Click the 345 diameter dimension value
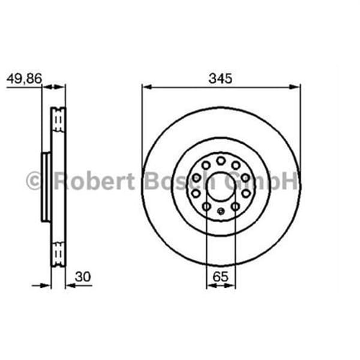[x=220, y=78]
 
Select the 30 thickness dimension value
[x=83, y=277]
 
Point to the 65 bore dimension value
[x=221, y=277]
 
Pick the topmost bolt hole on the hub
[x=221, y=160]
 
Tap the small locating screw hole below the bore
[x=221, y=211]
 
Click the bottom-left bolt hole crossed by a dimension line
[x=206, y=206]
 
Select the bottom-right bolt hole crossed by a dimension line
[x=235, y=206]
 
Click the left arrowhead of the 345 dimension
[x=146, y=88]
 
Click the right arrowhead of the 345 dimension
[x=296, y=88]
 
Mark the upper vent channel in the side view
[x=58, y=122]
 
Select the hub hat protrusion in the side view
[x=46, y=186]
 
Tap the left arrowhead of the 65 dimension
[x=209, y=286]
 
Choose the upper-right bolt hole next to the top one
[x=236, y=165]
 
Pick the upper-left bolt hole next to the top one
[x=206, y=165]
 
